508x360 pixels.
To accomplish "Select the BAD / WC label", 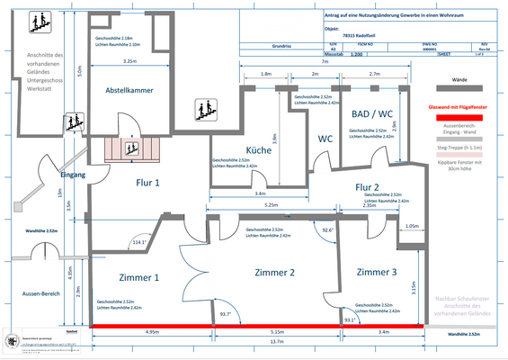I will tap(370, 115).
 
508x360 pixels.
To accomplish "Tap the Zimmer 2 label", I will tap(274, 272).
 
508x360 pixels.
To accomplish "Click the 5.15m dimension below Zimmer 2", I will tap(277, 331).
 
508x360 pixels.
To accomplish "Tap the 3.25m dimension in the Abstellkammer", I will tap(129, 61).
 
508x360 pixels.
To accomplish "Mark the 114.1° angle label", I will tap(139, 242).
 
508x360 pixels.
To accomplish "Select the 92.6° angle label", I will tap(328, 230).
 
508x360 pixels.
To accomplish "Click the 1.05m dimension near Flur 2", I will tap(412, 226).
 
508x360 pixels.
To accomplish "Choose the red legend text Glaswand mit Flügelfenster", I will tap(458, 108).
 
